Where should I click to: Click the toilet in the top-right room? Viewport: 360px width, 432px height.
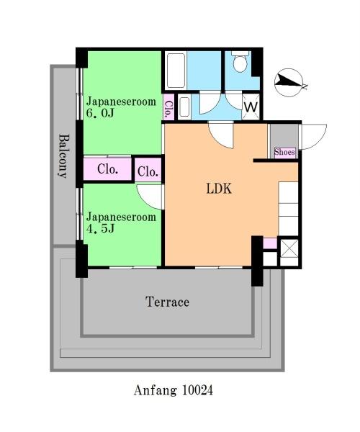click(240, 62)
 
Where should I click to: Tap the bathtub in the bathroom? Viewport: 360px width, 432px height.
click(176, 71)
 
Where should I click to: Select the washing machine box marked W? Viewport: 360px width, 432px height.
click(251, 107)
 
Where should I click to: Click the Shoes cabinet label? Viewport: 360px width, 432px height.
click(284, 152)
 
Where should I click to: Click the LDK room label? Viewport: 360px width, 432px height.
click(219, 189)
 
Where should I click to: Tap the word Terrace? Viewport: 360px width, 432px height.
click(167, 302)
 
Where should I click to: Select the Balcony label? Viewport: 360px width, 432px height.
click(63, 156)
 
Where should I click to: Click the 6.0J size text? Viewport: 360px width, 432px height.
click(100, 113)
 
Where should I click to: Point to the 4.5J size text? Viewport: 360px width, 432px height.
click(100, 228)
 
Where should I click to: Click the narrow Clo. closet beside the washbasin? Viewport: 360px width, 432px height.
click(168, 107)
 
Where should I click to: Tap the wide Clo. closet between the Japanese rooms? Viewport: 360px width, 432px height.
click(107, 169)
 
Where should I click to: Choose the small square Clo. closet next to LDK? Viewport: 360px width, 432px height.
click(148, 171)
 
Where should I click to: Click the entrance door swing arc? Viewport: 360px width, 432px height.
click(314, 137)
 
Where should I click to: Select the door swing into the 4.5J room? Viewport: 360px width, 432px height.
click(150, 197)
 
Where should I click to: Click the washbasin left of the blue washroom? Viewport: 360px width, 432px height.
click(184, 107)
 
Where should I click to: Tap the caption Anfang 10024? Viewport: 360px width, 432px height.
click(174, 390)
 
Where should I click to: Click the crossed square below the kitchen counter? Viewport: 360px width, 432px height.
click(289, 248)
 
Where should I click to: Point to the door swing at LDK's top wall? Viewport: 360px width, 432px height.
click(221, 135)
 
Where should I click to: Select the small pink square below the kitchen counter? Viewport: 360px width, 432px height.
click(270, 243)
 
